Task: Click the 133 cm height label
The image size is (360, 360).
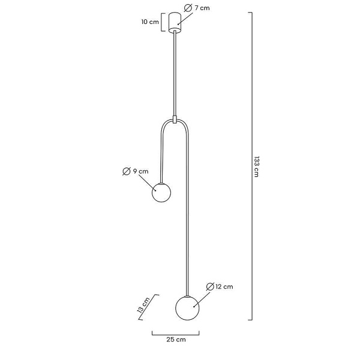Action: [x=256, y=167]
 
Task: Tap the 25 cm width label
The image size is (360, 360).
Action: [x=176, y=340]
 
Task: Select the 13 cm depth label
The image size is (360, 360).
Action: [x=143, y=305]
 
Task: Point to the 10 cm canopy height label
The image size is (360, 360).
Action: [x=150, y=22]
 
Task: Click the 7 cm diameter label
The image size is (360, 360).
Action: [x=202, y=8]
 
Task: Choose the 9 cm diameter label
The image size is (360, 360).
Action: [x=141, y=171]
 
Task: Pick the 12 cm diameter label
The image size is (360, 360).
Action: [x=224, y=287]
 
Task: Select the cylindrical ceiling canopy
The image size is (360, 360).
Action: [x=175, y=23]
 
